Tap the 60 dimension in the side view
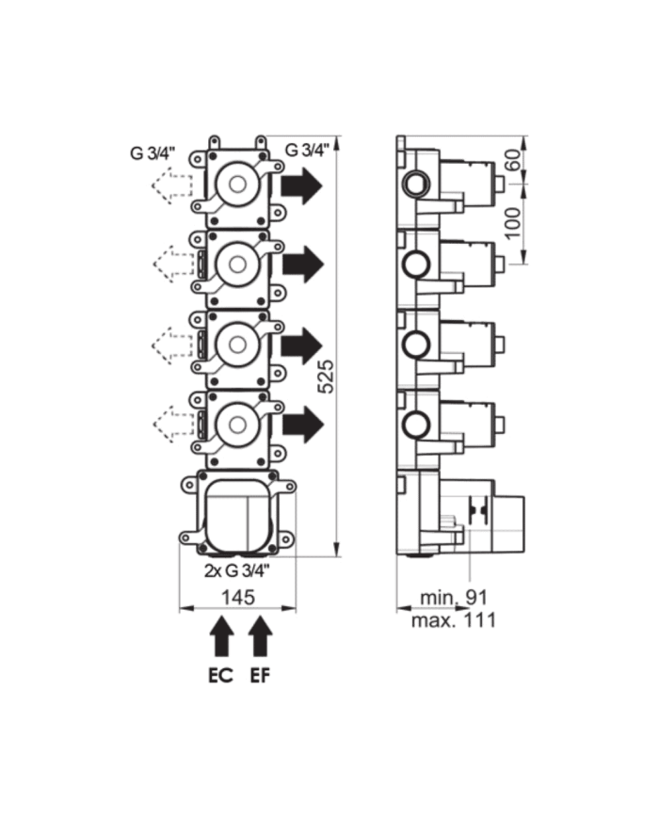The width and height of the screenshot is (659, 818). [513, 160]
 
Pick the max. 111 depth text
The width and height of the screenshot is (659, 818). [453, 619]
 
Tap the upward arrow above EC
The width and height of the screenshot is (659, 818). [221, 637]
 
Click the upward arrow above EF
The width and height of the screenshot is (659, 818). [260, 637]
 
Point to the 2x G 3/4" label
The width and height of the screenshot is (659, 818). [237, 570]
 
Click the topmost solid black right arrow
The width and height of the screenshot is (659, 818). [302, 186]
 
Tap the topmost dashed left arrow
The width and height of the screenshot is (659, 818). [170, 186]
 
